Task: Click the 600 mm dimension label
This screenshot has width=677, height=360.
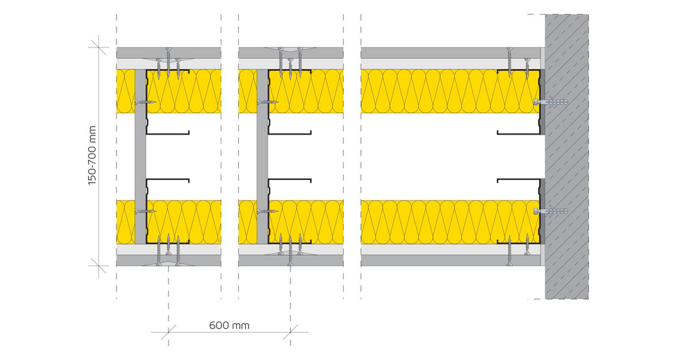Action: pos(230,325)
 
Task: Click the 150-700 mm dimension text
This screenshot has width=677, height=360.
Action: pos(92,156)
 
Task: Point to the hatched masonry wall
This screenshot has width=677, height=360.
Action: pos(567,157)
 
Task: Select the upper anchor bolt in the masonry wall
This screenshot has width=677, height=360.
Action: pos(550,102)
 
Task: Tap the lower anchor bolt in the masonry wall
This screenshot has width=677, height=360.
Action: pos(550,212)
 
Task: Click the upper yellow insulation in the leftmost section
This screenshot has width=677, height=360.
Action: pos(169,91)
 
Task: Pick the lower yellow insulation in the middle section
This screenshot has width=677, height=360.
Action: pos(291,222)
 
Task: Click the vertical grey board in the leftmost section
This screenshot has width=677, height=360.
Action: pos(140,157)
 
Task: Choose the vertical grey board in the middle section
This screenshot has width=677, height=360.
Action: pos(263,157)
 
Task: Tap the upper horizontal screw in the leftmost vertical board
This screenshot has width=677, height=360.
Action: pos(146,102)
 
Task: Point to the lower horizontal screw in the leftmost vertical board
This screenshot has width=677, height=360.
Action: pos(146,212)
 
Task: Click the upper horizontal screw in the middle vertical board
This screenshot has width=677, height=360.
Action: pos(267,102)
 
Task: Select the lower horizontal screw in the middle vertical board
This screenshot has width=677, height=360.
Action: pos(267,212)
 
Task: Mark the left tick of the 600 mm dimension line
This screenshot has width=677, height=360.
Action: pos(169,332)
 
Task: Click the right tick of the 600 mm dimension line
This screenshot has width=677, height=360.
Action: pos(290,332)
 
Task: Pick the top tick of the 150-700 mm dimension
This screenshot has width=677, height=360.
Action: pos(99,47)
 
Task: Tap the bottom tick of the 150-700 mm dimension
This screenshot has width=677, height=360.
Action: pos(99,266)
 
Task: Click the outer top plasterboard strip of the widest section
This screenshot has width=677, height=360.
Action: pos(451,53)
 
